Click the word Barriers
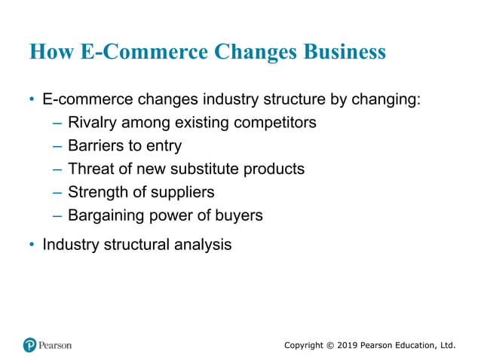95,145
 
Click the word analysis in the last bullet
204,245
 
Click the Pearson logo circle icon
30,345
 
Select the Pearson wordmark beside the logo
56,345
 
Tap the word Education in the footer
412,345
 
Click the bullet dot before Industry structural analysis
31,245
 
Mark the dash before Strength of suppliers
57,192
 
